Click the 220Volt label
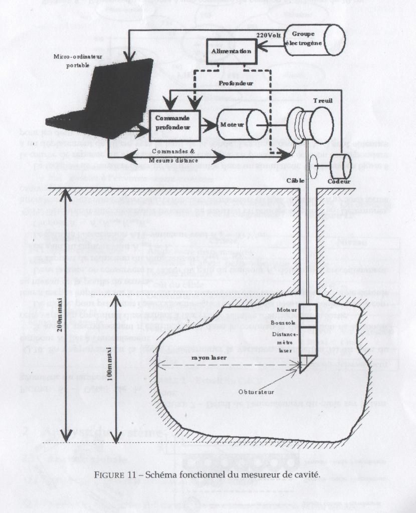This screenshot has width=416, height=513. point(269,36)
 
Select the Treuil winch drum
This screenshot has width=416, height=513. point(310,127)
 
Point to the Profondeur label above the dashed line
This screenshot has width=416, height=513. point(236,80)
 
